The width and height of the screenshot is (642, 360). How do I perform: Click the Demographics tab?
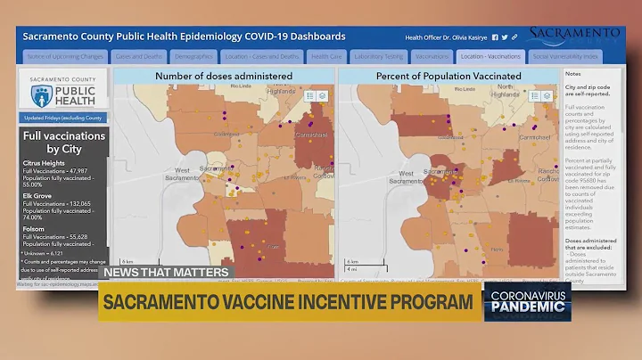pyautogui.click(x=193, y=55)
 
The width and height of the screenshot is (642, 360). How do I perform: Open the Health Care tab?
pyautogui.click(x=325, y=55)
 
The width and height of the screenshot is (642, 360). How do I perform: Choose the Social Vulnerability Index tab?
pyautogui.click(x=566, y=55)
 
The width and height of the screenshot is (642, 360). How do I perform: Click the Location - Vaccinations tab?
pyautogui.click(x=490, y=55)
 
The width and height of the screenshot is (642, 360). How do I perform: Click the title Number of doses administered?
pyautogui.click(x=224, y=76)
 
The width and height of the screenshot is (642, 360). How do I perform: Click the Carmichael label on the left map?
pyautogui.click(x=310, y=135)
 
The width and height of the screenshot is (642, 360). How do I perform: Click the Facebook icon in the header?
pyautogui.click(x=495, y=37)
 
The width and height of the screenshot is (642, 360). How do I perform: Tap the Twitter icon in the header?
pyautogui.click(x=505, y=37)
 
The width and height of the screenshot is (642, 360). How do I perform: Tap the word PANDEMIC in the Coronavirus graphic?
pyautogui.click(x=528, y=308)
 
